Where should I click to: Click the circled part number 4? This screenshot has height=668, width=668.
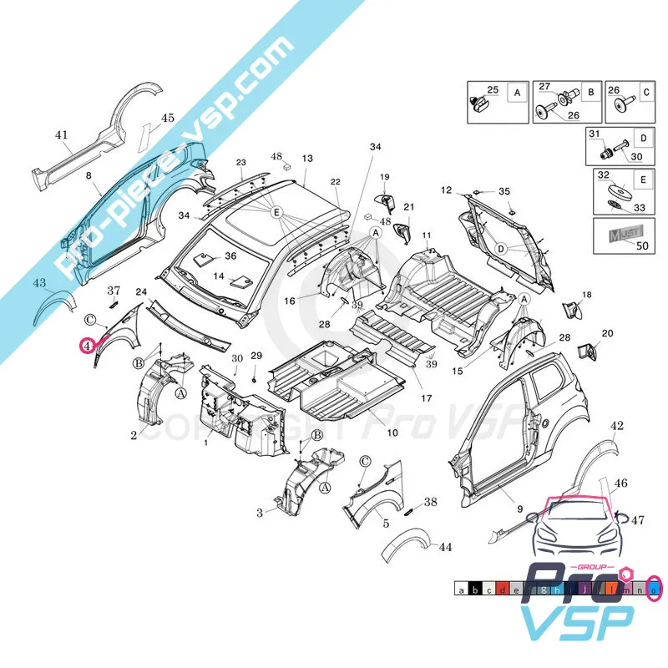point(87,345)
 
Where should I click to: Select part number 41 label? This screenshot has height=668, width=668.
point(61,134)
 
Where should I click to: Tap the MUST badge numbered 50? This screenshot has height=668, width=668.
point(620,235)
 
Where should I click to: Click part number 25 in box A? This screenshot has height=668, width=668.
point(492,89)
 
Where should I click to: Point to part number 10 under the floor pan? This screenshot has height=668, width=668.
point(392,433)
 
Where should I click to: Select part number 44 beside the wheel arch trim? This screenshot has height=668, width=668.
point(445,548)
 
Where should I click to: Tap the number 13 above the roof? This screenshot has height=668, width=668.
point(307,158)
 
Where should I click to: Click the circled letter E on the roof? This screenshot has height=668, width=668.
point(276,213)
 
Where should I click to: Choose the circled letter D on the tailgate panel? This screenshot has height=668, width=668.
point(501,249)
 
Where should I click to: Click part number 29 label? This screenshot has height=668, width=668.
point(256,357)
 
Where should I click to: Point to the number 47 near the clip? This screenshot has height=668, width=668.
point(638,520)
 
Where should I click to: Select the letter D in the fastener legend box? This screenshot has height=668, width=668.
point(643,137)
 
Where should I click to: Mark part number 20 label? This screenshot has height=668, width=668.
point(607,333)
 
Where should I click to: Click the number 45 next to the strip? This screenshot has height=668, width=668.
point(168,118)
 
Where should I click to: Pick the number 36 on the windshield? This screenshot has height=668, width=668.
point(230,256)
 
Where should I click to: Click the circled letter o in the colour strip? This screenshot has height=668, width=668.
point(654,590)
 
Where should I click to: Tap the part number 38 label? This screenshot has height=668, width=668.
point(430,503)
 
